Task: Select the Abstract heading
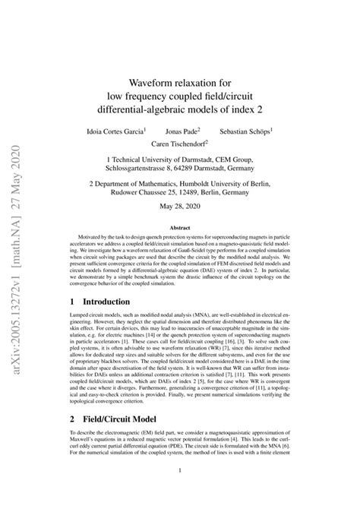pyautogui.click(x=180, y=227)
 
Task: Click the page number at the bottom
pyautogui.click(x=180, y=492)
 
